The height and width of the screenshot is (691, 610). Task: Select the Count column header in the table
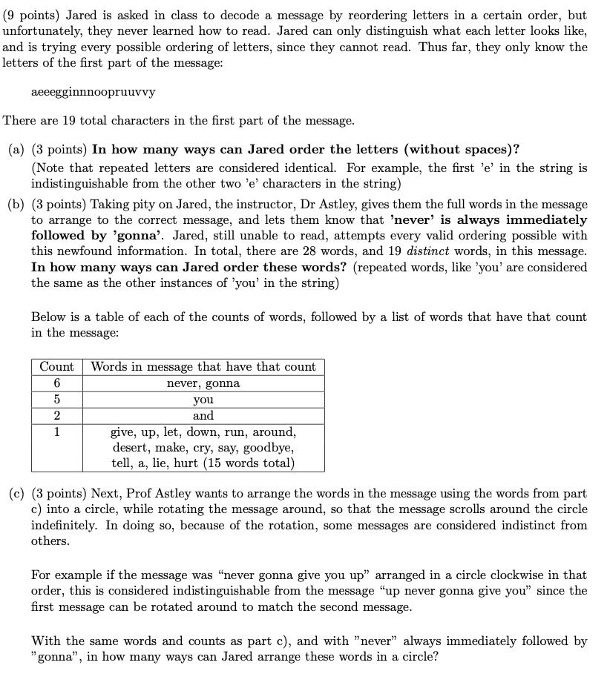click(56, 366)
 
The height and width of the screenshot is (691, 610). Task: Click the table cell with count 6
click(56, 383)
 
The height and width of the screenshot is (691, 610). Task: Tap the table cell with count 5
click(56, 400)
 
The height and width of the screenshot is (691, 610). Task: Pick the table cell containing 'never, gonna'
click(203, 383)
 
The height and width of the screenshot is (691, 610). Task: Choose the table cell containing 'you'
click(203, 400)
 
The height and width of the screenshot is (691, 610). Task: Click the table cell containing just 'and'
click(203, 416)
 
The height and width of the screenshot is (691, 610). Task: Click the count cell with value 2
click(56, 416)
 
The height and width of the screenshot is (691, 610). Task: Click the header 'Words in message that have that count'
click(203, 366)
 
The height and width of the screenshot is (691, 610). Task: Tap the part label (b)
click(17, 204)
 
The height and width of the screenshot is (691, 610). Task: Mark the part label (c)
click(17, 493)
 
